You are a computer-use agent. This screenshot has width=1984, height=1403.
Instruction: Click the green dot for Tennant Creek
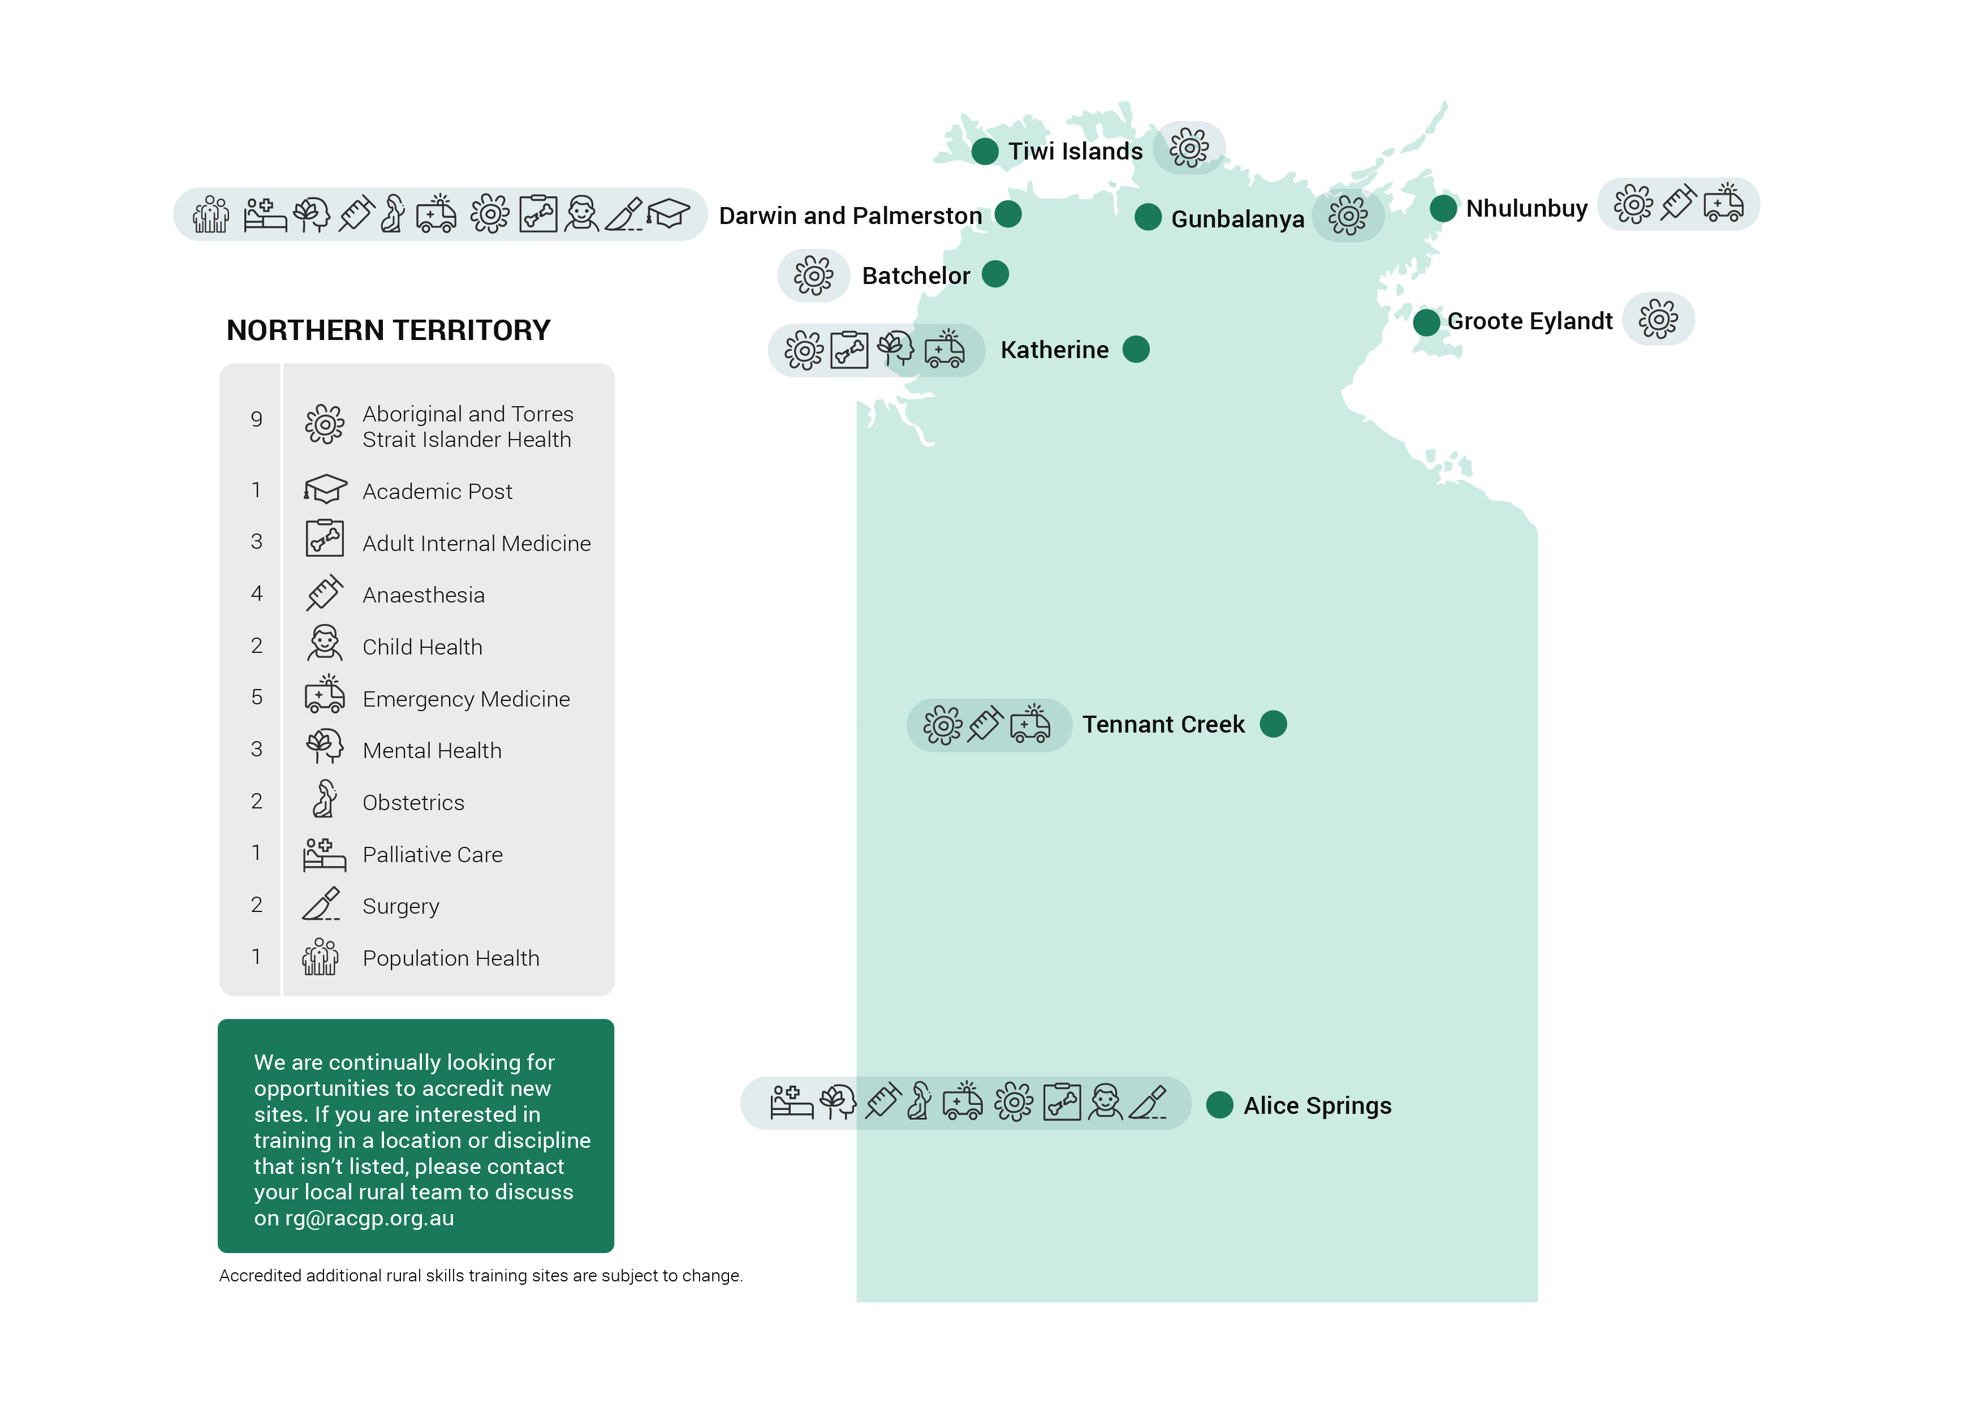coord(1273,724)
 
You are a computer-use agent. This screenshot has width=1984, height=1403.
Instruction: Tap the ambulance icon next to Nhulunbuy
coord(1723,204)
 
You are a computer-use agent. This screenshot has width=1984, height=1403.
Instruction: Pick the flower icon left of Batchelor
coord(813,276)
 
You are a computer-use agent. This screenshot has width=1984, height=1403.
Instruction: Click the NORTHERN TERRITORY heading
coord(388,330)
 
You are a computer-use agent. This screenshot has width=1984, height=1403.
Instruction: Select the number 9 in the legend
coord(257,419)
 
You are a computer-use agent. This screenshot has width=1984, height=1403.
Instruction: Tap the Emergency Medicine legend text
coord(466,699)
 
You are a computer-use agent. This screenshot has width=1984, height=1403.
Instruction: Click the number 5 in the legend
coord(257,697)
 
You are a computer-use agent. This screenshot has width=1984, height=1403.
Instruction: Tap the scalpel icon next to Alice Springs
coord(1149,1104)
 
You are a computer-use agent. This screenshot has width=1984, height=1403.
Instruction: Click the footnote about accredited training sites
coord(480,1275)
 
